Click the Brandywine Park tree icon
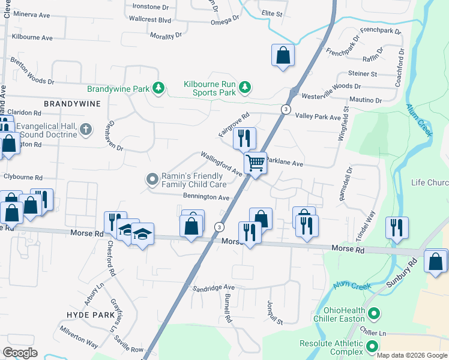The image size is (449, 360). click(x=158, y=89)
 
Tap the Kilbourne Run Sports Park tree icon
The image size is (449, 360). click(x=244, y=88)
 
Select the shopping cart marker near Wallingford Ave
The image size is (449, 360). click(x=255, y=163)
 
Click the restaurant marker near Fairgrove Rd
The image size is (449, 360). click(x=244, y=138)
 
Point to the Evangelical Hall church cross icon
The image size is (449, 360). click(x=86, y=128)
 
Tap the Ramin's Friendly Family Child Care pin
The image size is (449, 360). click(x=152, y=179)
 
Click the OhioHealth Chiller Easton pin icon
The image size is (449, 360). click(x=373, y=313)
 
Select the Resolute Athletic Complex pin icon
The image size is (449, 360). click(x=373, y=346)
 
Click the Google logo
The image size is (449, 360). click(x=20, y=353)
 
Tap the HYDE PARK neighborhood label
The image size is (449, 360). click(x=86, y=314)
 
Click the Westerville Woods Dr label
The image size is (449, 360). click(x=330, y=86)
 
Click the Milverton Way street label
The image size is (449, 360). click(x=79, y=337)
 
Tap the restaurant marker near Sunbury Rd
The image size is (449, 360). click(x=397, y=228)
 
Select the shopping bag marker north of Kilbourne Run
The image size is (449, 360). click(x=283, y=56)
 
